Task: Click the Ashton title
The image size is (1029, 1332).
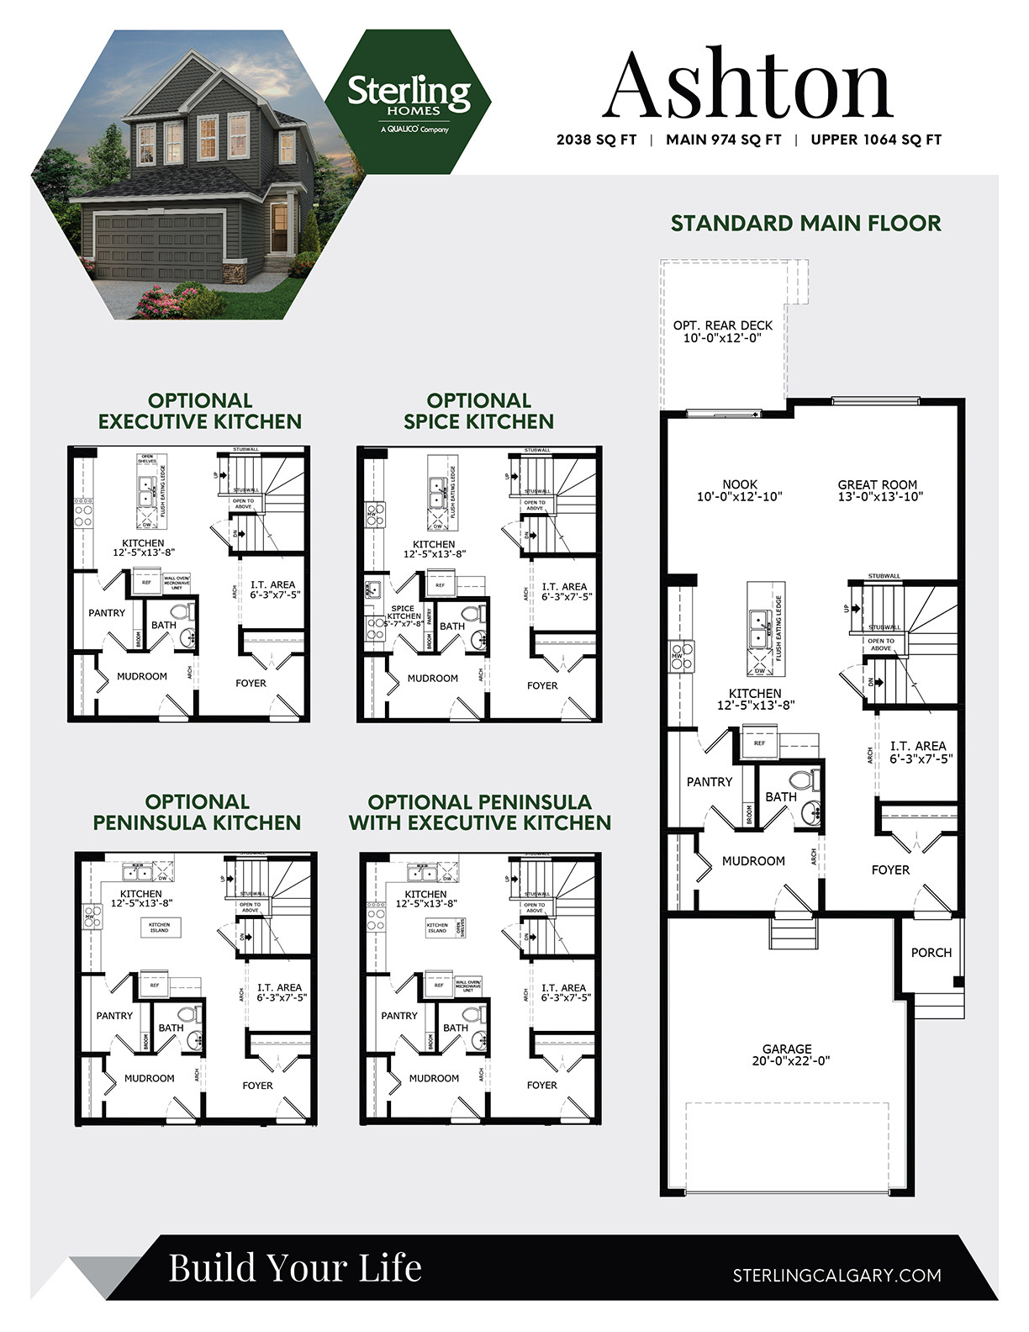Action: (747, 85)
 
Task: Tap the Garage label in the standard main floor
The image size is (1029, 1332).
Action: (787, 1054)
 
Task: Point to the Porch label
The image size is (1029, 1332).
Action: (931, 953)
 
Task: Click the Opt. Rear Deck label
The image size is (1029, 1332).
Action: (722, 331)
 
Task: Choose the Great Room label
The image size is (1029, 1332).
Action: (877, 490)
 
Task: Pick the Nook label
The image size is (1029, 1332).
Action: (740, 490)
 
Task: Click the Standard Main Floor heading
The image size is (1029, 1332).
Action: (805, 223)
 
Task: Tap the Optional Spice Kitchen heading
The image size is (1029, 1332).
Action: (478, 411)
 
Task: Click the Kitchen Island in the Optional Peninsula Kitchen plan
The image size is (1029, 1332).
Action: (159, 928)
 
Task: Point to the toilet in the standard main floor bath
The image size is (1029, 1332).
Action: (807, 781)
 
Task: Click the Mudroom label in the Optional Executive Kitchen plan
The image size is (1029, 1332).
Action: (142, 676)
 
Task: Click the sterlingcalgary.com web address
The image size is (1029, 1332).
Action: (836, 1276)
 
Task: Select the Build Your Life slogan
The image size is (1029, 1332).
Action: (295, 1268)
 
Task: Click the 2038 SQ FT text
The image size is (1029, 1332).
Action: (596, 140)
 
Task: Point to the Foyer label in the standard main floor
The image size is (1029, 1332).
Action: (890, 869)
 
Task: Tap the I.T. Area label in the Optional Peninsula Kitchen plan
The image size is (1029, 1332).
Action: (279, 992)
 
